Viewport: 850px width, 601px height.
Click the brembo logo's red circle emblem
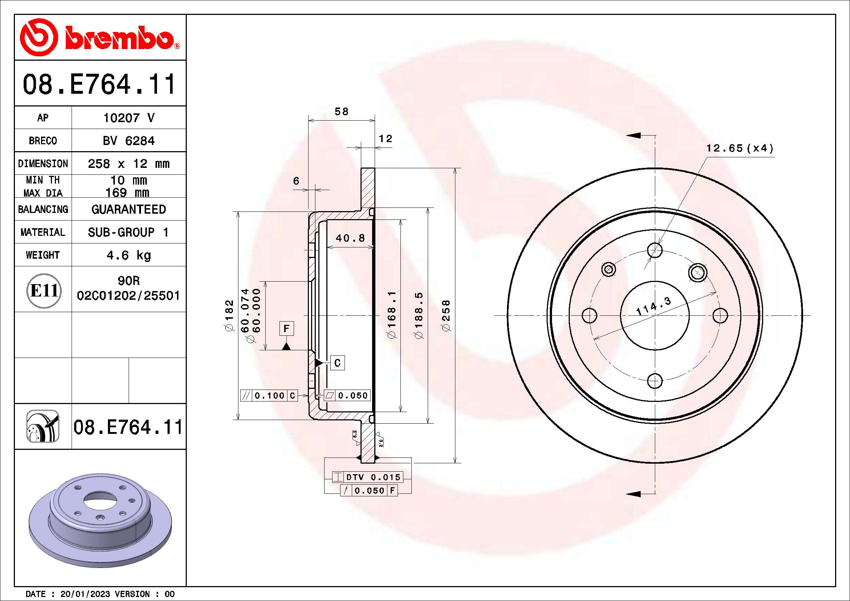[x=39, y=37]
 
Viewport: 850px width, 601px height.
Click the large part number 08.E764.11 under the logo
[x=99, y=84]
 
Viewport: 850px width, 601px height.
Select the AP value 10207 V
[x=128, y=118]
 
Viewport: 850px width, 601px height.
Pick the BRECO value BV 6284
[x=128, y=141]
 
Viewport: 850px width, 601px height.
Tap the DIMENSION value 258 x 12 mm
[x=128, y=164]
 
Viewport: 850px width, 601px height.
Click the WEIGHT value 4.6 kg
[x=128, y=255]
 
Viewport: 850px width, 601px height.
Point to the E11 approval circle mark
[x=44, y=291]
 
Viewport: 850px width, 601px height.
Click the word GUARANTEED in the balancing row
[x=128, y=209]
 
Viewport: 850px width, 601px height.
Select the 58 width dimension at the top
[x=341, y=112]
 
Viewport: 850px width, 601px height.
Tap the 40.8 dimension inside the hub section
[x=350, y=238]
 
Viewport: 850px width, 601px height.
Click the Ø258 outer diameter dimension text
[x=446, y=315]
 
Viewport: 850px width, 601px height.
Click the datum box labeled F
[x=286, y=328]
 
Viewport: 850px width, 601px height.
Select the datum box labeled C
[x=337, y=363]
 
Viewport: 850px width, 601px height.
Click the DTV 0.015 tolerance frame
[x=367, y=477]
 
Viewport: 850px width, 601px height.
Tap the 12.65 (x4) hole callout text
[x=740, y=148]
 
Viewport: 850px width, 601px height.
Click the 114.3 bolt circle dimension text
[x=653, y=306]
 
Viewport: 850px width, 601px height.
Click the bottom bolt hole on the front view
[x=655, y=381]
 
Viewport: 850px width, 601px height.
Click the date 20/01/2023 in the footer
[x=85, y=594]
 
